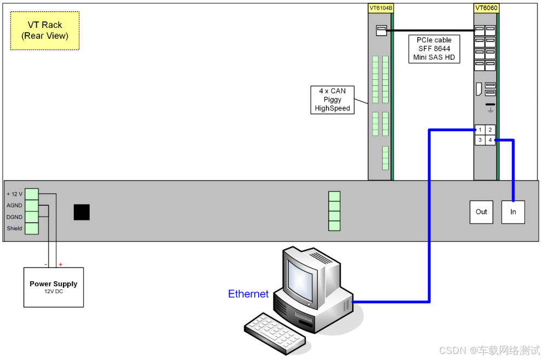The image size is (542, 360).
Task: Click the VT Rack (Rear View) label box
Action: pos(45,31)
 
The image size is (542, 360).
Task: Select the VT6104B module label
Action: pos(381,8)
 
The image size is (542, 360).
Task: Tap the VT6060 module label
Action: pos(486,8)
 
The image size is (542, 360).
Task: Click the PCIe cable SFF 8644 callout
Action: pos(434,49)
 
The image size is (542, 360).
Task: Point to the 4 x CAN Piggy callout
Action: pos(332,100)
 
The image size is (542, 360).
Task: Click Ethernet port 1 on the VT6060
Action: pos(480,130)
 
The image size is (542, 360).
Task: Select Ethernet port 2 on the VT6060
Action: pos(490,130)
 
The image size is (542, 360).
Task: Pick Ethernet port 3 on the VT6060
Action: pos(480,140)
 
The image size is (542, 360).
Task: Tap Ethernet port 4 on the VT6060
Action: pos(490,140)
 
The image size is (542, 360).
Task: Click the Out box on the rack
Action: pos(481,212)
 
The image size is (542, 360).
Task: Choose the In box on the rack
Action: pos(513,212)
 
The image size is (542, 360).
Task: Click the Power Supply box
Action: pos(54,287)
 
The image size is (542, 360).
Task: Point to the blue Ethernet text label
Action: pos(248,294)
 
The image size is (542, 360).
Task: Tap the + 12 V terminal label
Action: pos(14,194)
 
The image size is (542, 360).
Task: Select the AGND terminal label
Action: pos(14,206)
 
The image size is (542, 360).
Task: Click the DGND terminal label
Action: pos(14,217)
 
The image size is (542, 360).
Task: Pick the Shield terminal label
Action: pos(14,228)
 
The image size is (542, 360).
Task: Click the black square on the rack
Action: pos(81,212)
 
